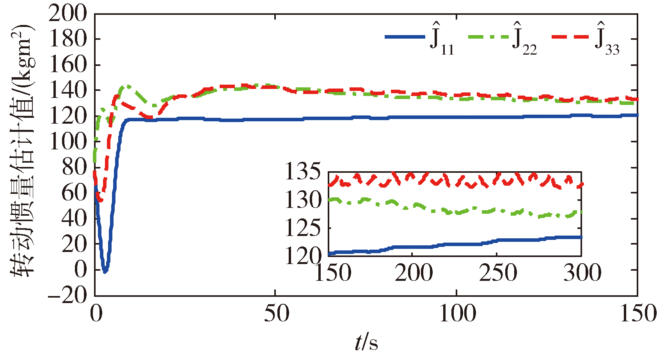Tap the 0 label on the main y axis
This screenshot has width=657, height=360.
(x=81, y=270)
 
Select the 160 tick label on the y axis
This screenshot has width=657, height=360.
(x=67, y=65)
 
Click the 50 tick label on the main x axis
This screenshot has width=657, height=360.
(x=276, y=313)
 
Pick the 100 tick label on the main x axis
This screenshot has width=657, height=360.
(x=457, y=313)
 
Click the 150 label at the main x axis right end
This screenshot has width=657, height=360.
(x=637, y=313)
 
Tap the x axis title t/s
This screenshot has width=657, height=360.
(x=366, y=343)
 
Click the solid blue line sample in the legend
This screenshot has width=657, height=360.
(x=405, y=37)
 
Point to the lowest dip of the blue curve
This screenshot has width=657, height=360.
(x=105, y=271)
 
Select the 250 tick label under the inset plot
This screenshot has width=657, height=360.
(x=498, y=273)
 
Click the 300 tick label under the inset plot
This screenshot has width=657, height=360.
(x=582, y=273)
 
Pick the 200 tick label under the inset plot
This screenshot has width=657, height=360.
(x=414, y=273)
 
